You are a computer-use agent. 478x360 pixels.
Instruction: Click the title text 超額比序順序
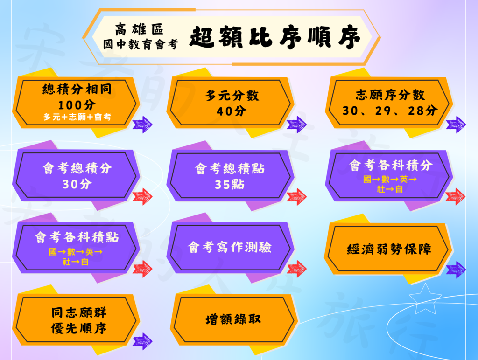(275, 37)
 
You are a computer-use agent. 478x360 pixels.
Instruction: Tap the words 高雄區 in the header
(139, 29)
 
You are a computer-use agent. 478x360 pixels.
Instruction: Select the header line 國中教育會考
(141, 44)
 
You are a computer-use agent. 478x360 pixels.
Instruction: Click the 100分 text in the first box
(77, 105)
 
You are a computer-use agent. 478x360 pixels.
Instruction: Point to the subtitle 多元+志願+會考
(77, 117)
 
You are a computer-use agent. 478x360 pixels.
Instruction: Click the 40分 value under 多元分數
(232, 111)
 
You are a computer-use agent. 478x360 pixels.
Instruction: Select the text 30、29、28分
(390, 111)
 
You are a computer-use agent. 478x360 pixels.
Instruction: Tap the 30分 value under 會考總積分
(77, 184)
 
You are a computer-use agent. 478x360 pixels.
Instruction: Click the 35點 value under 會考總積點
(230, 184)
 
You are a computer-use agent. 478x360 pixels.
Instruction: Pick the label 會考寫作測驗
(230, 247)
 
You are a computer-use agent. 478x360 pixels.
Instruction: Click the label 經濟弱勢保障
(389, 249)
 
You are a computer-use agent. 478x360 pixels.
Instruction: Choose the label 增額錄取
(233, 319)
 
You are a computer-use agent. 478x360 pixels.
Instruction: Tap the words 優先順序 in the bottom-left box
(78, 328)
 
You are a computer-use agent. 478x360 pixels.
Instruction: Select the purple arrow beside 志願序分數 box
(456, 125)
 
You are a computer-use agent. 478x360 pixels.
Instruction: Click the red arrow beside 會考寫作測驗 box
(296, 269)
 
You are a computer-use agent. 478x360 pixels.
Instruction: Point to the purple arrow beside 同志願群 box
(142, 341)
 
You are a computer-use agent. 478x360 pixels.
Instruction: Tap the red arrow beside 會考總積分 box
(142, 197)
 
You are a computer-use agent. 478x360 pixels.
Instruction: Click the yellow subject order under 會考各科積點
(76, 257)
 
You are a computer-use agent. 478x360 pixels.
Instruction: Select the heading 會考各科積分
(391, 165)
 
